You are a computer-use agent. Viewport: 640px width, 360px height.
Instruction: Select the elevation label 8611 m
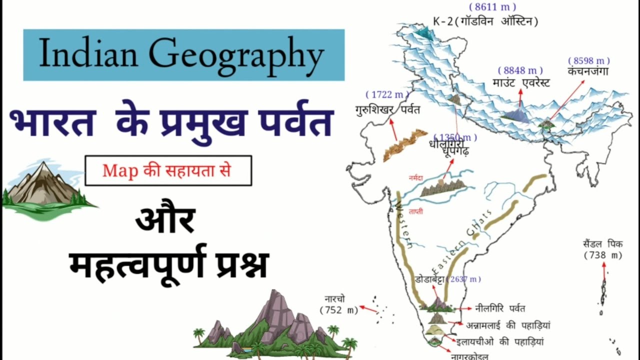pos(492,7)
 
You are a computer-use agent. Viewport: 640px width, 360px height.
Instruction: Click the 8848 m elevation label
pos(520,71)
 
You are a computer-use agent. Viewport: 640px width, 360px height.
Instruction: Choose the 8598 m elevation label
pos(588,61)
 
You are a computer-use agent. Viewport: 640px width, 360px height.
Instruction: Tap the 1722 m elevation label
pos(386,94)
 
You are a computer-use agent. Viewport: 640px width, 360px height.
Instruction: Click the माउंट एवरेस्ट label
pos(520,83)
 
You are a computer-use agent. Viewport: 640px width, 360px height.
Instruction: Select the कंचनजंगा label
pos(587,71)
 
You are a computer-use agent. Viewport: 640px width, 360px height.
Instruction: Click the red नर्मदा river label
pos(415,177)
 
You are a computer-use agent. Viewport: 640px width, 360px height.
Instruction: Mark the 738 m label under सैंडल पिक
pos(603,256)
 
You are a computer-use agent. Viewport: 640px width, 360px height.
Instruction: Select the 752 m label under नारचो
pos(339,310)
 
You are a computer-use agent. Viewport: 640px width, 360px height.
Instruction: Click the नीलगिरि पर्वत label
pos(500,308)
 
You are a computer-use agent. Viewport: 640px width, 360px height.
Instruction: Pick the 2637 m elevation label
pos(465,279)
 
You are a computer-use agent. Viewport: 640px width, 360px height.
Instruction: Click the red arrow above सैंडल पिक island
pos(604,270)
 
